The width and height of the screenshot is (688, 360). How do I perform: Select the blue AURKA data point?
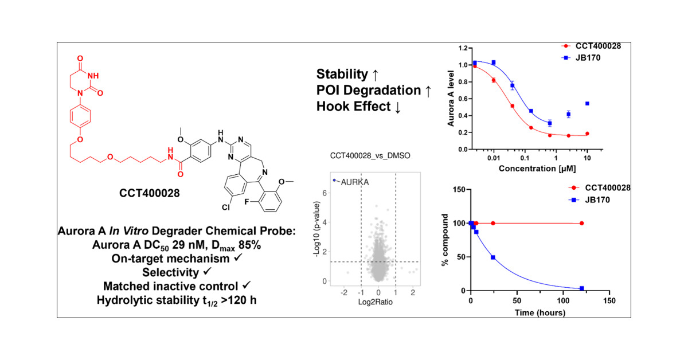pyautogui.click(x=334, y=180)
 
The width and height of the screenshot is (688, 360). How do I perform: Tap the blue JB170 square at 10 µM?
pyautogui.click(x=587, y=104)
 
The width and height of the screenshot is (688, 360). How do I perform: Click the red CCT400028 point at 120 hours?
pyautogui.click(x=582, y=223)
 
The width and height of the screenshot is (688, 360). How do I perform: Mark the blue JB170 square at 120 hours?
pyautogui.click(x=582, y=288)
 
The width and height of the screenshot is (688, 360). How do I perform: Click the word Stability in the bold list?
pyautogui.click(x=342, y=74)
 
